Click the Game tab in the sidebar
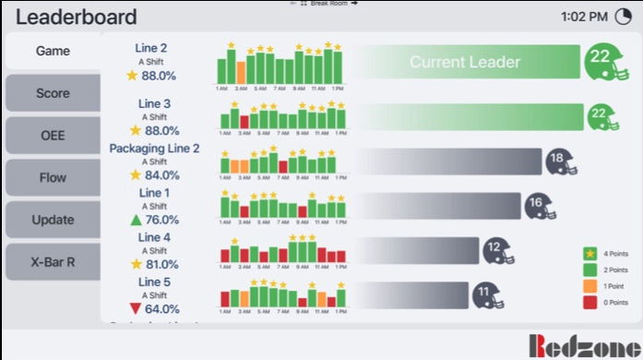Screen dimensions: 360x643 pyautogui.click(x=53, y=51)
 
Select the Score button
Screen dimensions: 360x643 pyautogui.click(x=53, y=93)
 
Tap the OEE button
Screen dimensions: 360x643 pyautogui.click(x=53, y=136)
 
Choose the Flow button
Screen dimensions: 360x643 pyautogui.click(x=53, y=178)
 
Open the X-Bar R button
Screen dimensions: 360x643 pyautogui.click(x=53, y=261)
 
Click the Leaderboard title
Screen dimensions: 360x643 pyautogui.click(x=77, y=17)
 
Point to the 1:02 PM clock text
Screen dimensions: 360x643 pyautogui.click(x=584, y=16)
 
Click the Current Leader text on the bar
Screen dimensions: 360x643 pyautogui.click(x=465, y=63)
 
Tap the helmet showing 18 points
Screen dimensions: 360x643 pyautogui.click(x=559, y=162)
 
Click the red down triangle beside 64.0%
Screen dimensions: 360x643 pyautogui.click(x=136, y=308)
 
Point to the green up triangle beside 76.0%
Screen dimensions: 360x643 pyautogui.click(x=136, y=220)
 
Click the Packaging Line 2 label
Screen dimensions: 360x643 pyautogui.click(x=154, y=148)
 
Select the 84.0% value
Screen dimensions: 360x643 pyautogui.click(x=161, y=175)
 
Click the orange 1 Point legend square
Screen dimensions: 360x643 pyautogui.click(x=589, y=286)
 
